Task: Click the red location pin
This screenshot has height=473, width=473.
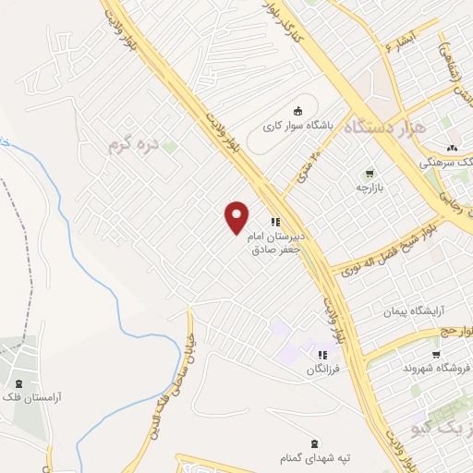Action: tap(237, 217)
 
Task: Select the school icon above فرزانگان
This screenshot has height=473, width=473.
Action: tap(322, 355)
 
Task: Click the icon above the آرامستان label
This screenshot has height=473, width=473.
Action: tap(18, 383)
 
